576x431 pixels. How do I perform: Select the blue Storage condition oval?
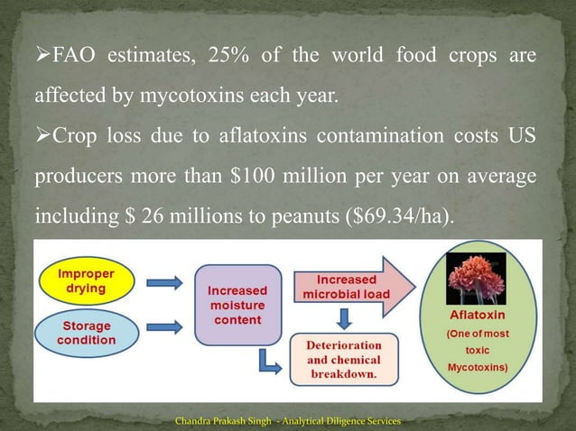click(x=88, y=334)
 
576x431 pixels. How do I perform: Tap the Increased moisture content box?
click(x=237, y=306)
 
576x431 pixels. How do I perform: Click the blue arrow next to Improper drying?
click(x=164, y=283)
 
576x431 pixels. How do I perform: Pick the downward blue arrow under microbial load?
click(x=343, y=316)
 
